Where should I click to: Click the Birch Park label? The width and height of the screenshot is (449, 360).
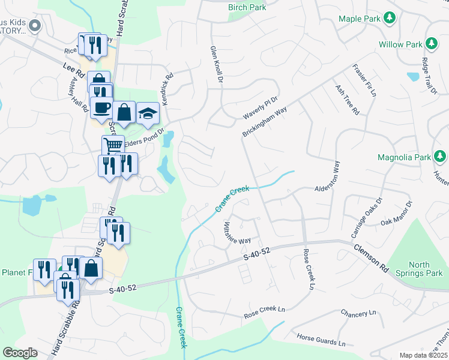pos(246,8)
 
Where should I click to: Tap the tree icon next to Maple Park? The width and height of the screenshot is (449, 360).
pos(390,18)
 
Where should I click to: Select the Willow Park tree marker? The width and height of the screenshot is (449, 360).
pos(431,44)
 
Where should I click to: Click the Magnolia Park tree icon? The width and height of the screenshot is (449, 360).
pos(441,157)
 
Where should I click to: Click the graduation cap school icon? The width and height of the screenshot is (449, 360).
pos(147,113)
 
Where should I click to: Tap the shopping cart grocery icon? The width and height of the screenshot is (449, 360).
pos(112,145)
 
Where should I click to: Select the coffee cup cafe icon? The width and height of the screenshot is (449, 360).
pos(102,108)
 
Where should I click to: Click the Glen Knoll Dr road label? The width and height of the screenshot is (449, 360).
pos(217,64)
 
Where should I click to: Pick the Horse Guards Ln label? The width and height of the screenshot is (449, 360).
pos(322,341)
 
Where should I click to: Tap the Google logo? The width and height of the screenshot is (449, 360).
pos(20,353)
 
